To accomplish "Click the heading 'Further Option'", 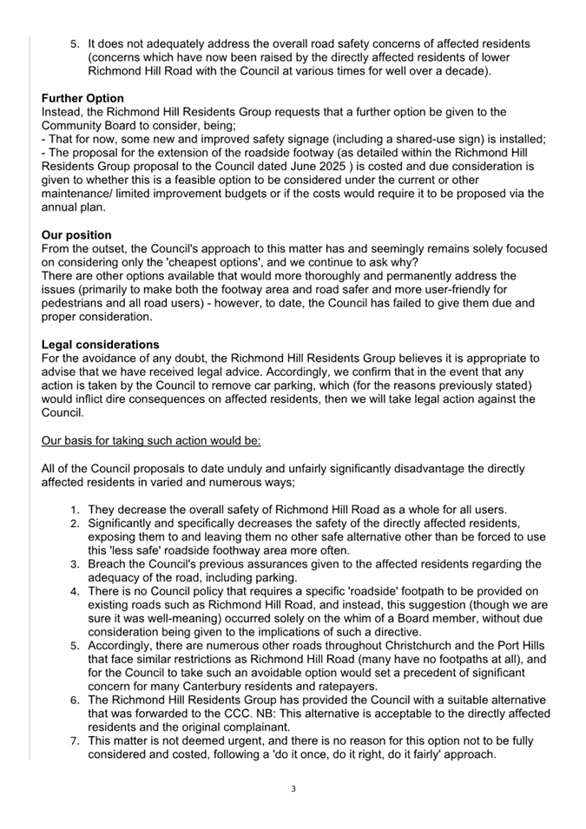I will point(82,98).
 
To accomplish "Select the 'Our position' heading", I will point(76,235).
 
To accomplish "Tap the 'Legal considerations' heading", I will point(100,345).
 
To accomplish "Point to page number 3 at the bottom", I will point(293,789).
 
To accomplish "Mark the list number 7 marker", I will point(75,740).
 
